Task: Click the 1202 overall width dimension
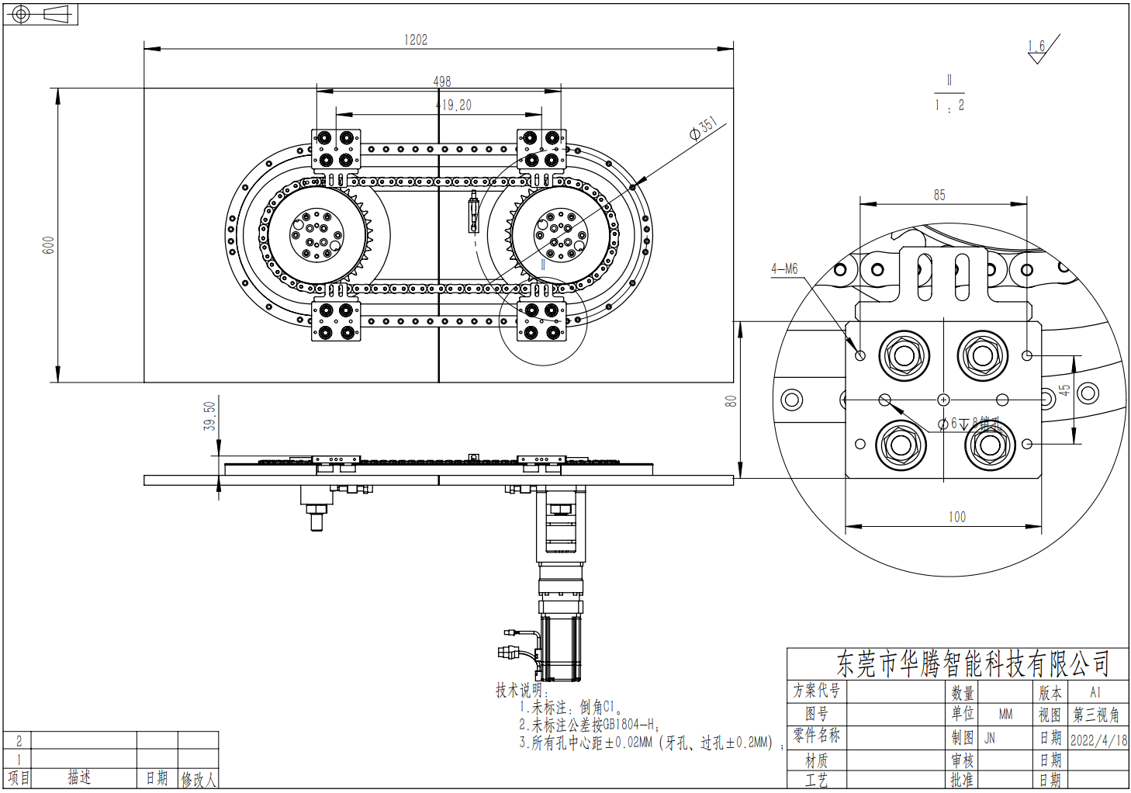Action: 416,40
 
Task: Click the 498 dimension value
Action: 441,81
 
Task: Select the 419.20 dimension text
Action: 454,105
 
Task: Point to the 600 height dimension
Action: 49,245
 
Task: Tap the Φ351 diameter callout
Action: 704,129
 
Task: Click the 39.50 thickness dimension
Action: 209,416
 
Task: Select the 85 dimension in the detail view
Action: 939,195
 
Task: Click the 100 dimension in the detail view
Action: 957,517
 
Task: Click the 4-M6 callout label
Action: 784,269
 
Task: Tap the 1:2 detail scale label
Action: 949,105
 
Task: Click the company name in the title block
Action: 973,664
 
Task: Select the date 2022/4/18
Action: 1098,739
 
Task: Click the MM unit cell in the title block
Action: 1005,714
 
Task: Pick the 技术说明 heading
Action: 522,690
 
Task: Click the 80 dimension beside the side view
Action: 731,401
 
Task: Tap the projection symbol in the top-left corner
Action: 40,14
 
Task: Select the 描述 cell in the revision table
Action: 79,777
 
